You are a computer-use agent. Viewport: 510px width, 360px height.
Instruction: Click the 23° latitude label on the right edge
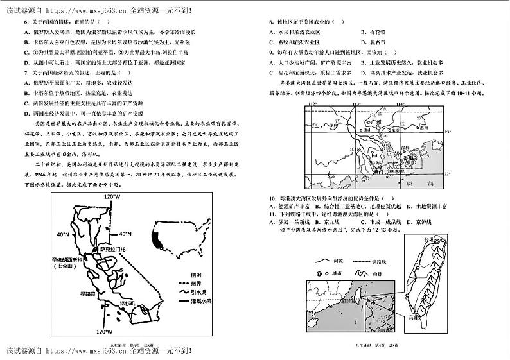point(448,130)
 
